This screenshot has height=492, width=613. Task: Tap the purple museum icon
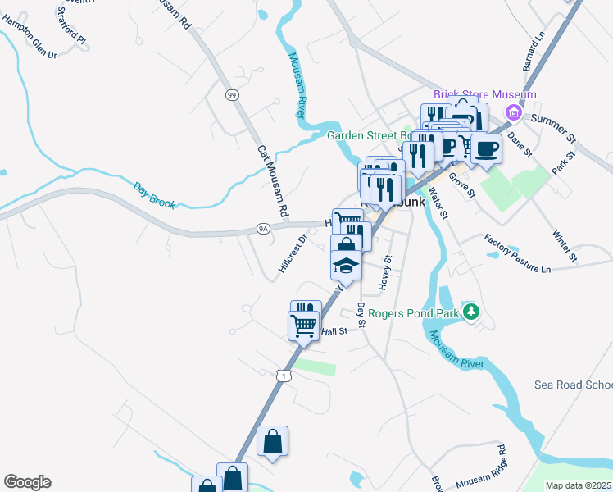tap(514, 112)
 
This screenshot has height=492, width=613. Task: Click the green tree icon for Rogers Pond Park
tap(470, 312)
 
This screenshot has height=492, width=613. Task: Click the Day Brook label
tap(155, 194)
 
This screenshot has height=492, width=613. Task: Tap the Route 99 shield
tap(233, 95)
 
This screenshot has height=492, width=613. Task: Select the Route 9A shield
tap(263, 230)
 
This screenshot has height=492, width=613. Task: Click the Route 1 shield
tap(283, 375)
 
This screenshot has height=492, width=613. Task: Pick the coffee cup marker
tap(486, 148)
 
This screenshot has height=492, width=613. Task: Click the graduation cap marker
tap(346, 265)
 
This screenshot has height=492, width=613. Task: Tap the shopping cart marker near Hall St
tap(304, 326)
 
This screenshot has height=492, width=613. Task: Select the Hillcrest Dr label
tap(292, 253)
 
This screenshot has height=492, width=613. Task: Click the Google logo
tap(27, 482)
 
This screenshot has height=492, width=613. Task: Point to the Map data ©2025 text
tap(578, 485)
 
